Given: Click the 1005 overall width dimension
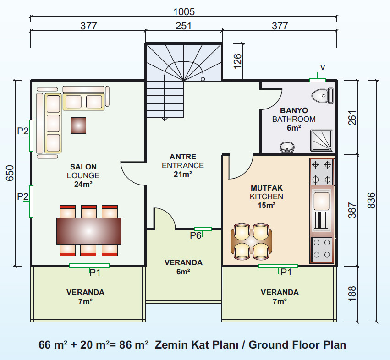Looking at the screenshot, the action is (184, 12).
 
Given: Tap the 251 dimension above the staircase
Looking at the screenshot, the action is (183, 26).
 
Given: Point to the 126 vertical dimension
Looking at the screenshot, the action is (238, 61).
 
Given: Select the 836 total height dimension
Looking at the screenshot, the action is (371, 201).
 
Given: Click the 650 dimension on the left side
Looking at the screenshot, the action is (10, 173).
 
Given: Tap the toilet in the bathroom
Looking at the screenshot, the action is (322, 95).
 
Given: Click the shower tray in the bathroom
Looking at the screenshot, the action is (321, 140).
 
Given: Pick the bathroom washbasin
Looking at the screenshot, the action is (287, 147).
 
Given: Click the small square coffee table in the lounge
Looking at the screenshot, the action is (78, 125).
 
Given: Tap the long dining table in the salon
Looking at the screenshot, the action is (89, 231).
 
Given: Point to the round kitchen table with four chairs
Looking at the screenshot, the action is (252, 241).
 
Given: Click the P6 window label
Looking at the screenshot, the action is (196, 235).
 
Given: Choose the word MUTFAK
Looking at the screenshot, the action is (267, 188).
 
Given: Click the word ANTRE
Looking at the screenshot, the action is (183, 157).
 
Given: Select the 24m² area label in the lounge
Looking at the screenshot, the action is (83, 184).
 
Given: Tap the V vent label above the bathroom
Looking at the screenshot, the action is (323, 67).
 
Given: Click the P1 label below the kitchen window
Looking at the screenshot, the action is (286, 273).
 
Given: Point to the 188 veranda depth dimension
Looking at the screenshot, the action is (352, 294).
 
